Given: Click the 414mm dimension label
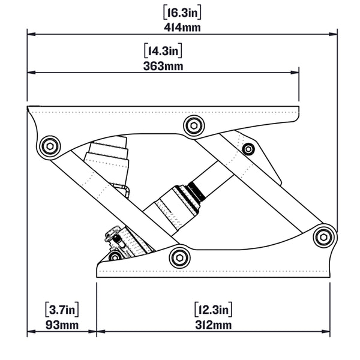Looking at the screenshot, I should click(182, 27).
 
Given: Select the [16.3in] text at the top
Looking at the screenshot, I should click(182, 11).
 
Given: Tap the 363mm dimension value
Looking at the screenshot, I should click(163, 66).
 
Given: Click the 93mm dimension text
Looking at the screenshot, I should click(62, 326).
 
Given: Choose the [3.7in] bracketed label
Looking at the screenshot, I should click(62, 310).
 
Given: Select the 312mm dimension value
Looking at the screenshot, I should click(214, 326).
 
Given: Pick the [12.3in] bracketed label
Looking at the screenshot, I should click(214, 310).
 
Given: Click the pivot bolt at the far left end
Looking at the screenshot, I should click(49, 146).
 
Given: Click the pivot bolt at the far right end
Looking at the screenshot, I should click(324, 236).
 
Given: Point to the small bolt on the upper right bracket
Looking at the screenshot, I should click(248, 149).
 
